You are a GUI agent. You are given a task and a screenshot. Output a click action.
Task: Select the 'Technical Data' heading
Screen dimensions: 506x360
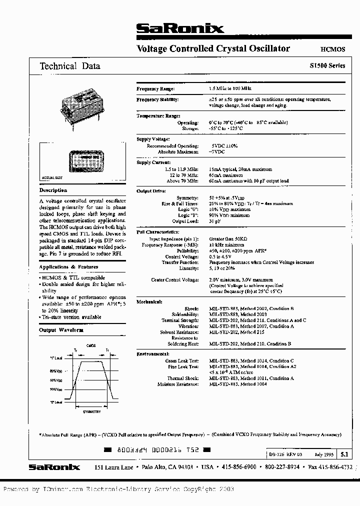click(x=70, y=66)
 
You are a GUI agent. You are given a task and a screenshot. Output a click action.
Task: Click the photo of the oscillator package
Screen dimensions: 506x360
click(x=82, y=105)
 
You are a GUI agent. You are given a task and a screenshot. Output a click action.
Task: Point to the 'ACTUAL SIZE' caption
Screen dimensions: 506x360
click(x=52, y=177)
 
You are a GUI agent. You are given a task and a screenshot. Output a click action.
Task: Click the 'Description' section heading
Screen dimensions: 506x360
click(x=53, y=190)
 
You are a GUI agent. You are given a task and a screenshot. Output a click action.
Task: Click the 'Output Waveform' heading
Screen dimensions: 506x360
click(x=61, y=330)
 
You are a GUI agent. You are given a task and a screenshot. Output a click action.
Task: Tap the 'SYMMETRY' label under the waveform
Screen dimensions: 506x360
click(x=91, y=411)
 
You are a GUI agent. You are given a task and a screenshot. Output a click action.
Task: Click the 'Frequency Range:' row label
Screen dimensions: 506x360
click(x=155, y=88)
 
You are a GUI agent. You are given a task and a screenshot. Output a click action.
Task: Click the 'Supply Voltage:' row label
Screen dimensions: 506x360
click(x=153, y=139)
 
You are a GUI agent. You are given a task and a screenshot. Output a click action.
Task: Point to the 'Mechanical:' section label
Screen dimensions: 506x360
click(x=149, y=301)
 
